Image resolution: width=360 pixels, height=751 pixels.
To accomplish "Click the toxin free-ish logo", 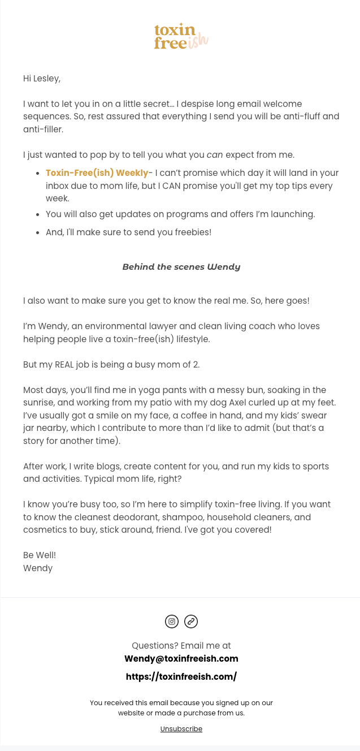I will [x=181, y=36].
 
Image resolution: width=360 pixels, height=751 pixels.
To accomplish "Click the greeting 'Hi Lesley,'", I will [x=42, y=79].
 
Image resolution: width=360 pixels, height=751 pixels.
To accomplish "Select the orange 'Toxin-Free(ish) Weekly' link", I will [x=97, y=173].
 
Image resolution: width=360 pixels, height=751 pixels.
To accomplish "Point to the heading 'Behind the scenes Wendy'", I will [x=181, y=267].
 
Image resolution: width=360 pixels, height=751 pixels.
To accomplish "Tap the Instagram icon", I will [x=172, y=621].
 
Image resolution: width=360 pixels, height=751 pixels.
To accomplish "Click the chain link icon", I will [x=191, y=621].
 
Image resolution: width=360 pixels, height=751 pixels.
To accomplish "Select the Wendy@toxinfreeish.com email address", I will [x=181, y=659].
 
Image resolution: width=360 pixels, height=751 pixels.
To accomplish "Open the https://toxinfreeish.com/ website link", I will [x=181, y=676].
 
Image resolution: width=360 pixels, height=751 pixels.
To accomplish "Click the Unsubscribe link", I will [x=181, y=729].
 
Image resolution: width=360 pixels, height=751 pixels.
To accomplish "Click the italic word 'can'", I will [x=215, y=155].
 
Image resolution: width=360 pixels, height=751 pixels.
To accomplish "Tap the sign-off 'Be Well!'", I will [x=40, y=555].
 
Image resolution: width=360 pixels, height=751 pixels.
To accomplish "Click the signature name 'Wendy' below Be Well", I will [x=38, y=568].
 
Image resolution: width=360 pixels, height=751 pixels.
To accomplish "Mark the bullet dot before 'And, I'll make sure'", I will [x=37, y=232].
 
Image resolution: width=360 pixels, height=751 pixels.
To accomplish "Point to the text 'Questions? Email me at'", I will [x=181, y=646].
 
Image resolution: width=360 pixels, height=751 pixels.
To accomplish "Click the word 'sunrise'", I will [x=39, y=403].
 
